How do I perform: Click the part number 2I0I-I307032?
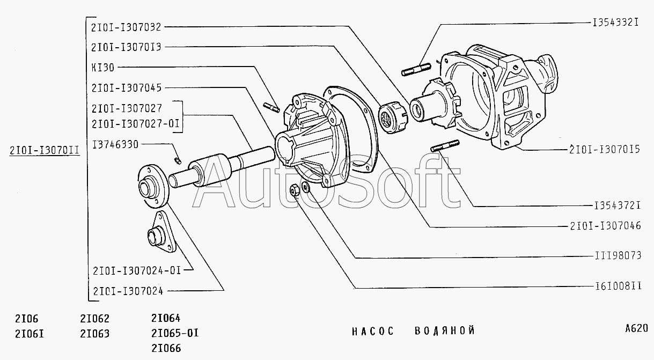click(x=126, y=27)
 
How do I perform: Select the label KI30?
click(x=103, y=68)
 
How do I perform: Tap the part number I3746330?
click(x=115, y=144)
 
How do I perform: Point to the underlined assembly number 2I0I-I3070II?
click(x=45, y=150)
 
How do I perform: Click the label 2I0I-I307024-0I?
click(x=137, y=270)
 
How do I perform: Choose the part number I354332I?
click(x=615, y=23)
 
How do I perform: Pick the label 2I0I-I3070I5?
click(x=605, y=149)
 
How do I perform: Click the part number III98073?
click(x=618, y=255)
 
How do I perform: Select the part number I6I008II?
click(x=619, y=286)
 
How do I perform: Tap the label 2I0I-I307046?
click(x=606, y=226)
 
